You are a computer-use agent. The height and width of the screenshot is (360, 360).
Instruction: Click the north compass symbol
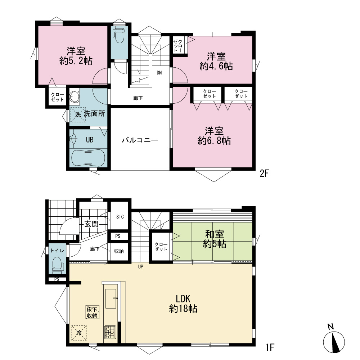(x=334, y=341)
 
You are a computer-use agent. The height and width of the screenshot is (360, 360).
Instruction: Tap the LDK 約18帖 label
(x=183, y=304)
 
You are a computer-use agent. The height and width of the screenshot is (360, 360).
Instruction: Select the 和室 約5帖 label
(x=215, y=239)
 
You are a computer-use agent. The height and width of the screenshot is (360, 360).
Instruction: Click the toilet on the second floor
(x=120, y=35)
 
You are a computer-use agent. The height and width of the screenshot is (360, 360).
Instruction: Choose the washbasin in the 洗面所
(x=75, y=96)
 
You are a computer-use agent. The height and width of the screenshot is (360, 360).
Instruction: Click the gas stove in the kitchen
(x=110, y=332)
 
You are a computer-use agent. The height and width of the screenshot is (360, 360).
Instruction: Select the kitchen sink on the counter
(x=111, y=298)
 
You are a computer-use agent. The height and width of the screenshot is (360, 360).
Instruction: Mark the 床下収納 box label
(x=92, y=312)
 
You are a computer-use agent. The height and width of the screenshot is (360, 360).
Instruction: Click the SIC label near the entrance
(x=120, y=217)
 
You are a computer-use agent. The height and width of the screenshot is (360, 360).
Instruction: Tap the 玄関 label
(x=91, y=224)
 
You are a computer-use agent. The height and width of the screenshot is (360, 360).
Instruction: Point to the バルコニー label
(x=140, y=140)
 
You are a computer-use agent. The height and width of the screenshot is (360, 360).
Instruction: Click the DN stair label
(x=159, y=73)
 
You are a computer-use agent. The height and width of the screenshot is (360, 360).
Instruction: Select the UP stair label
(x=140, y=266)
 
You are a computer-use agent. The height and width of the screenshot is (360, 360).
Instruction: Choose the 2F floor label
(x=264, y=174)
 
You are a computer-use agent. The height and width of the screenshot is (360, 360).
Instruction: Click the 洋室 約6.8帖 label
(x=214, y=136)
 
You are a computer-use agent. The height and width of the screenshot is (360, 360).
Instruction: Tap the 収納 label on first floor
(x=119, y=251)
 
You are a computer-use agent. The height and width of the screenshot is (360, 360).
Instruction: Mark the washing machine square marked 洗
(x=78, y=114)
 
